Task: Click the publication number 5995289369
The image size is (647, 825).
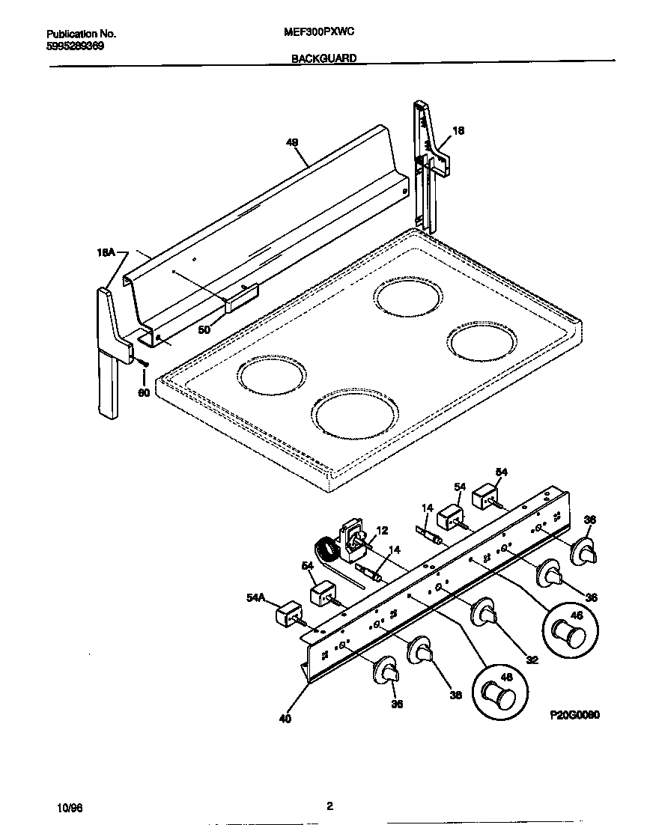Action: (75, 46)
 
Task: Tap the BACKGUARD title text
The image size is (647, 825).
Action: (323, 58)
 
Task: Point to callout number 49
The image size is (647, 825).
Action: (292, 141)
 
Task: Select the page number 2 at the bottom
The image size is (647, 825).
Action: (329, 806)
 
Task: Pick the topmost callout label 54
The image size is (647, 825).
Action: (501, 472)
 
